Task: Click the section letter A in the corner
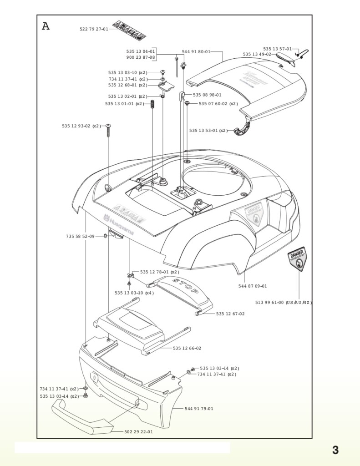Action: pos(46,26)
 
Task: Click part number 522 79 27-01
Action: pos(94,29)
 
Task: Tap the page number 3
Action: pos(335,450)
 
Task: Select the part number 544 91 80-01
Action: pos(196,52)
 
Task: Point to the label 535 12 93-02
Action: pos(76,126)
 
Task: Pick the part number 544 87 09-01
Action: pos(253,286)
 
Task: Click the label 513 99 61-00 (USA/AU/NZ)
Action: pos(284,303)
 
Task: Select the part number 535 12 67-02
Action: pos(230,314)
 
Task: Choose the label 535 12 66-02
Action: pos(187,348)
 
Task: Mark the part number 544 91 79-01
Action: pos(199,409)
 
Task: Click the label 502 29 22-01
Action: pos(138,432)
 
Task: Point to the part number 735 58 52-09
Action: pos(80,236)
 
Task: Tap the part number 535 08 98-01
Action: pos(207,95)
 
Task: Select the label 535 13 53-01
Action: pos(203,131)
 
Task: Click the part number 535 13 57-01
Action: pos(278,49)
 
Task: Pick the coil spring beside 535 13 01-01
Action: pos(153,105)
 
